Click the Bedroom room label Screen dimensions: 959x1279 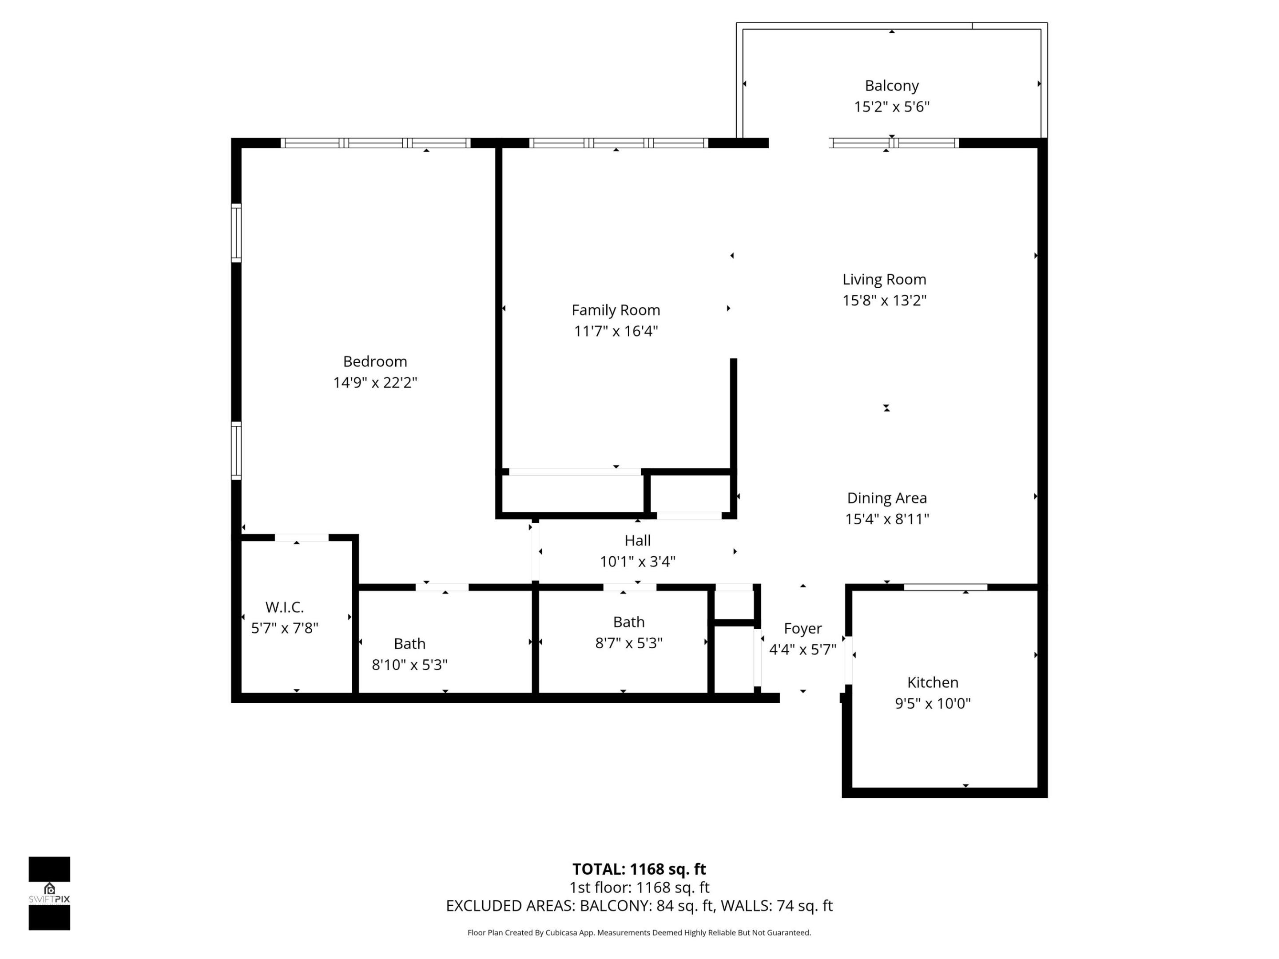coord(375,361)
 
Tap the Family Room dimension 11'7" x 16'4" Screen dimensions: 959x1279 coord(616,331)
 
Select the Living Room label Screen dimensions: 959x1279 coord(884,279)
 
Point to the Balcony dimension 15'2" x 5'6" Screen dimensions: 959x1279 coord(892,107)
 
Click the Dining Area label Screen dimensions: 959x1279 coord(886,498)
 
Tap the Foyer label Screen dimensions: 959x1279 coord(802,628)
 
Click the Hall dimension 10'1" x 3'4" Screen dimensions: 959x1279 coord(637,561)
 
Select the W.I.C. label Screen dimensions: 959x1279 coord(285,607)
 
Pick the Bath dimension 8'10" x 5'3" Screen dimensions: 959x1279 coord(409,665)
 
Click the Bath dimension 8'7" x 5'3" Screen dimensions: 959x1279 coord(628,643)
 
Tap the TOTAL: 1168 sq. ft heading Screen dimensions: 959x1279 coord(639,869)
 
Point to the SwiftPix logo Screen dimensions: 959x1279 coord(49,893)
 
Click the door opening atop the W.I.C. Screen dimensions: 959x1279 coord(301,538)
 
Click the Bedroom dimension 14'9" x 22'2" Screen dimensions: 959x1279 coord(375,383)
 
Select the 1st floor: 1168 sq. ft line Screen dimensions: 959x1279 coord(639,888)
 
